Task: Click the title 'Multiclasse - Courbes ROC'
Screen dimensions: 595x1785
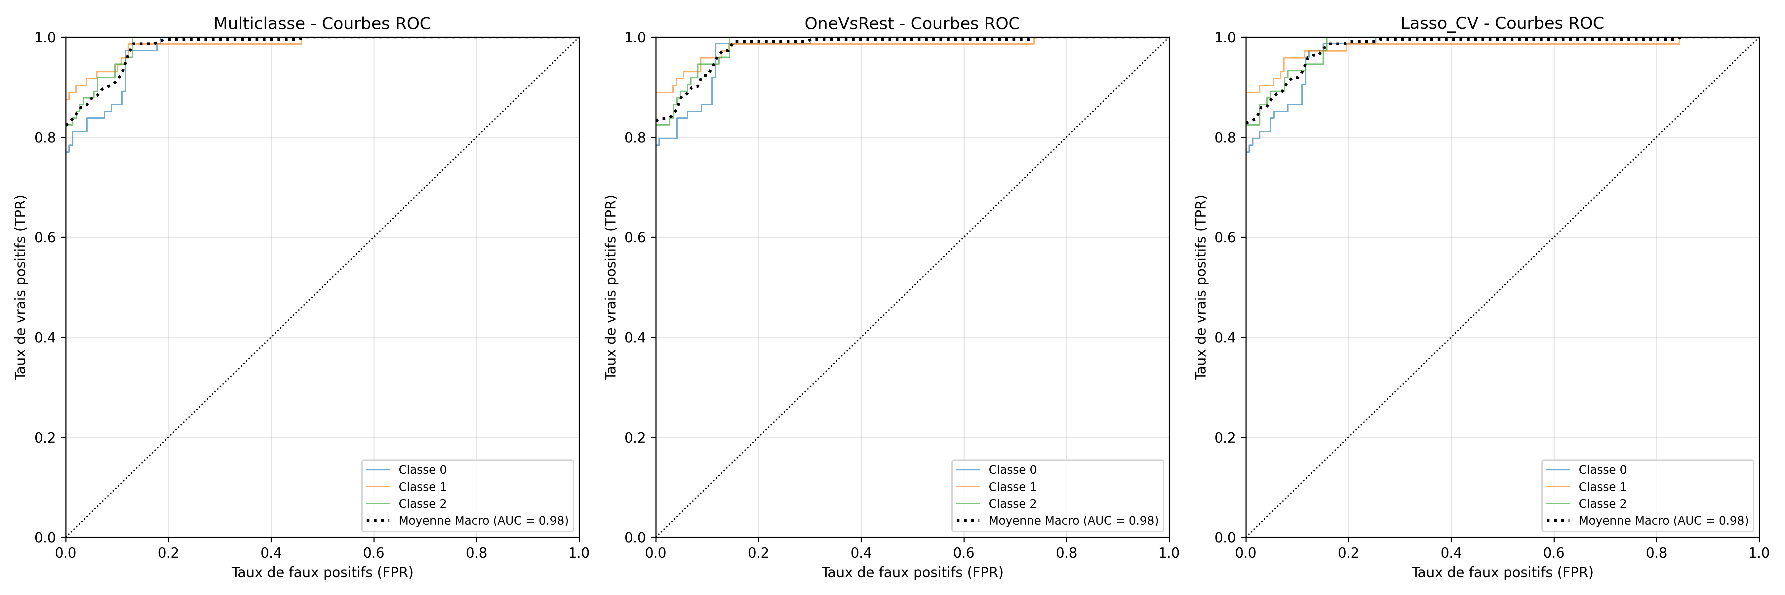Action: [x=322, y=23]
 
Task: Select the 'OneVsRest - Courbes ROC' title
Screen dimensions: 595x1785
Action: [x=912, y=23]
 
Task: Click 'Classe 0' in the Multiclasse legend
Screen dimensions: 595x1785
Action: [x=422, y=470]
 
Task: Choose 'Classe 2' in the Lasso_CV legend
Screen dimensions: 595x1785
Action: [x=1602, y=503]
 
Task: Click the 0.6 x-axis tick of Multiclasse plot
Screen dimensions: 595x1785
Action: [x=374, y=553]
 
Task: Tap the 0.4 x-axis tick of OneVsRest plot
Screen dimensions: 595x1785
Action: [x=861, y=553]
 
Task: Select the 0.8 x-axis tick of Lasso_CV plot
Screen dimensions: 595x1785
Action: [x=1656, y=553]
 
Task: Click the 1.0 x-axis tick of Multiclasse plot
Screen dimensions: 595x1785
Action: [x=578, y=553]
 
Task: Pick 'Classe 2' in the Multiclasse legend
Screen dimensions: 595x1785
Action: [x=422, y=503]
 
